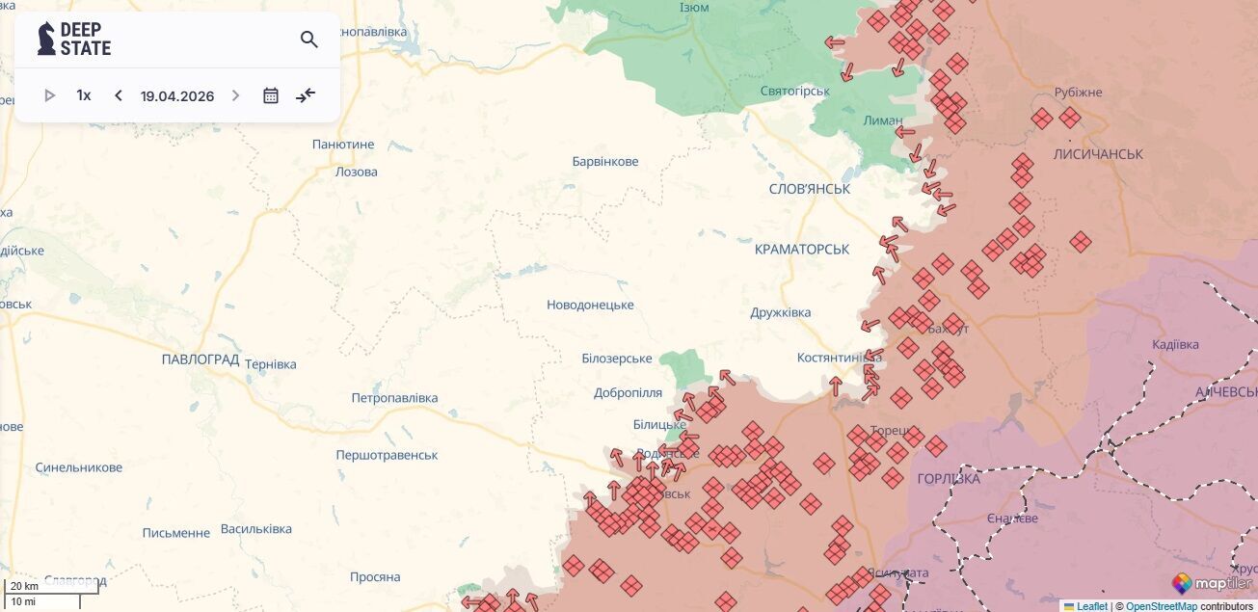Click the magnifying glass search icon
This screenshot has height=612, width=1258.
[x=308, y=40]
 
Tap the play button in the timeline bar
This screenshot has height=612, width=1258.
[x=50, y=95]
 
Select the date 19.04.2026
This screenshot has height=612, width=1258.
[x=177, y=96]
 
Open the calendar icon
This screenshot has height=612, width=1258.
[x=271, y=95]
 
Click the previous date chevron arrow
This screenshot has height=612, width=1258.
[x=119, y=95]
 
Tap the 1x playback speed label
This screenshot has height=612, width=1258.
[x=84, y=95]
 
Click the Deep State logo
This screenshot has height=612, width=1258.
[x=74, y=39]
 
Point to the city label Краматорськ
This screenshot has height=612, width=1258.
[x=802, y=250]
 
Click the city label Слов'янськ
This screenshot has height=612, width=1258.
[x=810, y=189]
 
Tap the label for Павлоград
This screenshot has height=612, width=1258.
[x=201, y=359]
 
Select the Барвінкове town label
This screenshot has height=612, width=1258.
[x=605, y=162]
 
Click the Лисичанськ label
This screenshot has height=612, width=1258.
[x=1098, y=154]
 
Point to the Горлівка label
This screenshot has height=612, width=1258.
[x=949, y=479]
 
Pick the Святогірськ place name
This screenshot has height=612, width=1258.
[x=794, y=91]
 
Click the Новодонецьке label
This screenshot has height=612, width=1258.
[x=590, y=306]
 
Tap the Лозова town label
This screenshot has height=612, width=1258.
[x=356, y=173]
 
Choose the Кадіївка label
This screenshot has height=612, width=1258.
[x=1175, y=345]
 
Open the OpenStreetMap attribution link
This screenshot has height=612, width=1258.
[x=1162, y=606]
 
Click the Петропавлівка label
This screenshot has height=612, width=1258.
[x=394, y=398]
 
